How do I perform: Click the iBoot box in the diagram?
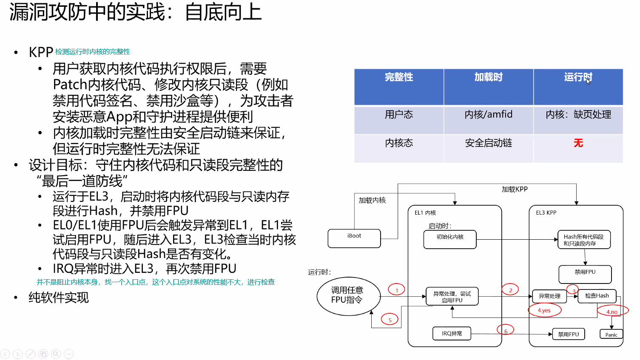coord(354,238)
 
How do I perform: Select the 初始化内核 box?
coord(450,239)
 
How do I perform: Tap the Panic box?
coord(611,334)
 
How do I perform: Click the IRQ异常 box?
coord(452,334)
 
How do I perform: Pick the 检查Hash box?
coord(597,296)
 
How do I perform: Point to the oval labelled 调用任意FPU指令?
coord(348,296)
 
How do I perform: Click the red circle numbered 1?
coord(396,290)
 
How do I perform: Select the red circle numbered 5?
coord(390,320)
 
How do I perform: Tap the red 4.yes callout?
coord(544,310)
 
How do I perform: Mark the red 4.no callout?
coord(612,312)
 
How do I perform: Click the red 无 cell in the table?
coord(578,143)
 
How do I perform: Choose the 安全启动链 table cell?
coord(488,143)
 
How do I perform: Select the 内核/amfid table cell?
coord(488,115)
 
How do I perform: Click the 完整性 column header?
coord(399,77)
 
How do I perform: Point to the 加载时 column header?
coord(488,77)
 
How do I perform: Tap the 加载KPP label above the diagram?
coord(515,189)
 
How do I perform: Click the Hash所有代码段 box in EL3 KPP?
coord(584,240)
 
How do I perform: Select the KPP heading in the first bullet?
coord(41,52)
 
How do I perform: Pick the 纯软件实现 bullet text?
coord(59,298)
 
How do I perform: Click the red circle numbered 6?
coord(505,330)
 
